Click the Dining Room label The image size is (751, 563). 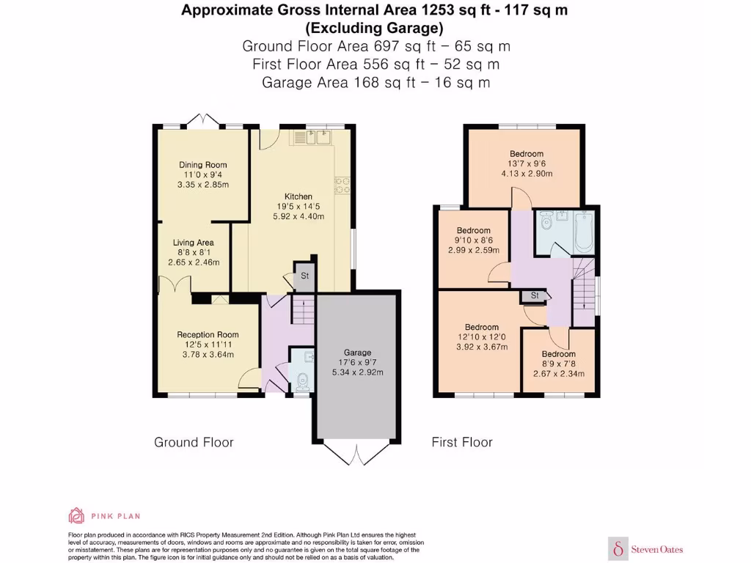pyautogui.click(x=203, y=165)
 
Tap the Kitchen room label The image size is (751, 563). pyautogui.click(x=298, y=196)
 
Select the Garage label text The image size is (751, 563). pyautogui.click(x=358, y=352)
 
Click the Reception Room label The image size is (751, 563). pyautogui.click(x=208, y=334)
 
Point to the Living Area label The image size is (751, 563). pyautogui.click(x=194, y=243)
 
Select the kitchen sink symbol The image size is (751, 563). pyautogui.click(x=314, y=136)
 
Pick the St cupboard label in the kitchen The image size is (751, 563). pyautogui.click(x=304, y=276)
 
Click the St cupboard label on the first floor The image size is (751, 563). pyautogui.click(x=535, y=295)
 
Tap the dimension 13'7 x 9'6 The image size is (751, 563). pyautogui.click(x=527, y=163)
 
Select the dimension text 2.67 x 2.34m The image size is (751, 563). pyautogui.click(x=559, y=373)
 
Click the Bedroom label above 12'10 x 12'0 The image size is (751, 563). pyautogui.click(x=482, y=327)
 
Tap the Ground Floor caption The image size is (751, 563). pyautogui.click(x=194, y=442)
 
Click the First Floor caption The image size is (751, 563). pyautogui.click(x=462, y=442)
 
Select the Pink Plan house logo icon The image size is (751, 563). pyautogui.click(x=76, y=515)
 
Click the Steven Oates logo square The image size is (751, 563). pyautogui.click(x=620, y=547)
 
